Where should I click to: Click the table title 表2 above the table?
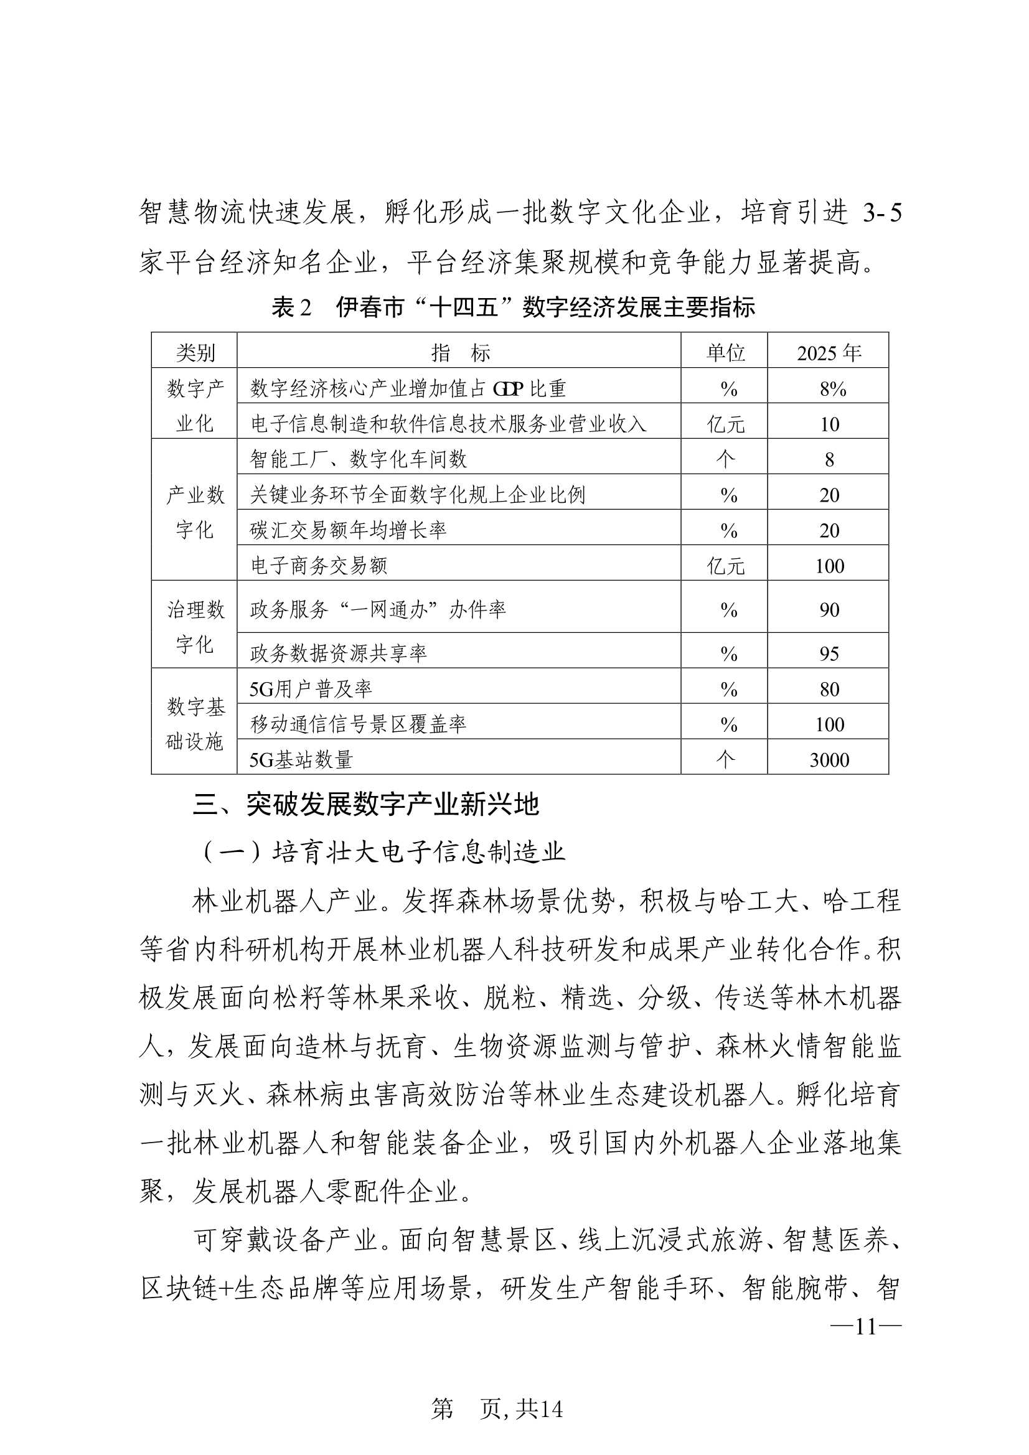pyautogui.click(x=514, y=307)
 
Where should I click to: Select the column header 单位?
pyautogui.click(x=725, y=352)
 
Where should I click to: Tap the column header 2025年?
pyautogui.click(x=829, y=352)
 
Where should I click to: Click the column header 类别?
pyautogui.click(x=195, y=352)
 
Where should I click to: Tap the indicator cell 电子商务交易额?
pyautogui.click(x=319, y=565)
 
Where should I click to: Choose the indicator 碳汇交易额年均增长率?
pyautogui.click(x=348, y=530)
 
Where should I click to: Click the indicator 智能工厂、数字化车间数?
pyautogui.click(x=358, y=459)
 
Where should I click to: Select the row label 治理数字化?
pyautogui.click(x=195, y=627)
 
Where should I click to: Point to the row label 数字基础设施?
pyautogui.click(x=195, y=724)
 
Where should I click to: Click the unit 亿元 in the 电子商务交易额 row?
pyautogui.click(x=725, y=565)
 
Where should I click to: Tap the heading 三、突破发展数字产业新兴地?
pyautogui.click(x=366, y=805)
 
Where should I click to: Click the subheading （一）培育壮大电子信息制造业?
pyautogui.click(x=382, y=853)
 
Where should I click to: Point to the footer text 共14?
pyautogui.click(x=539, y=1408)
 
